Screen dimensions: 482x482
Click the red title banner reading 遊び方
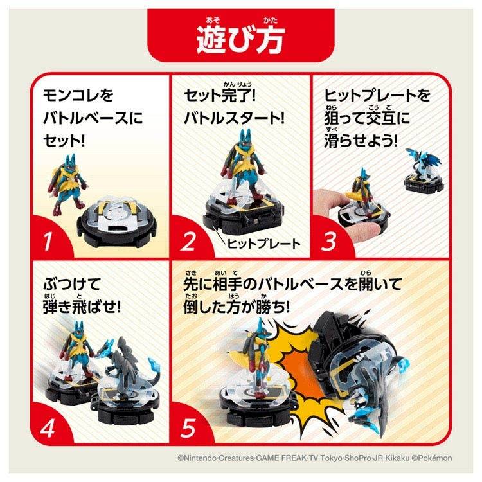[x=241, y=35]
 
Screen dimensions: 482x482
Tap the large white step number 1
[x=48, y=241]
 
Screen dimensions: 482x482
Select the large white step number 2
[x=188, y=241]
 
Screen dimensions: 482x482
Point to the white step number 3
[x=328, y=241]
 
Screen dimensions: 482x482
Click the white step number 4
[x=48, y=428]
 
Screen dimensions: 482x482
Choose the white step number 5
[x=188, y=428]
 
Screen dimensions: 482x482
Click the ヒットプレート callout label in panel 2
[x=263, y=244]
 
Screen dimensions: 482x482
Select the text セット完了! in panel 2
[x=220, y=95]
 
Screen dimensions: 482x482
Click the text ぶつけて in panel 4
[x=72, y=283]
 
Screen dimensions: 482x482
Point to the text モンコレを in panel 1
[x=78, y=95]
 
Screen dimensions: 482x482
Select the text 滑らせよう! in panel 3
[x=361, y=141]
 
